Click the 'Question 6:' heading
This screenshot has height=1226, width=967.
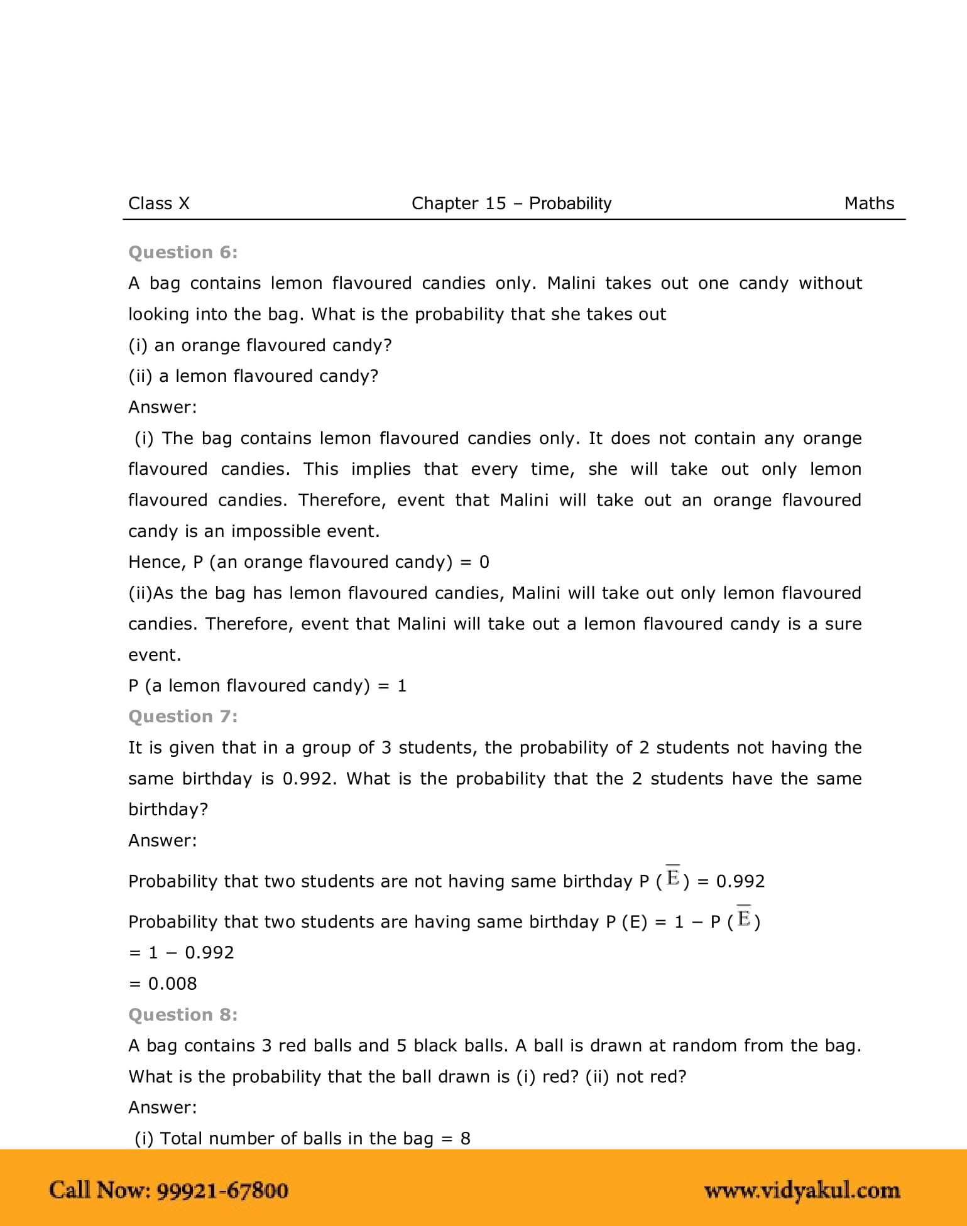[183, 252]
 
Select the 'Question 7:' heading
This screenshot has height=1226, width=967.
[183, 717]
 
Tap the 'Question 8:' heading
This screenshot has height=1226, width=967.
[183, 1014]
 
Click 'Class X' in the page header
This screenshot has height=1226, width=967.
[159, 203]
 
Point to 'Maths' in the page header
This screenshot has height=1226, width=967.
[869, 203]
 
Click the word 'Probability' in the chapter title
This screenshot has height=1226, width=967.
[570, 203]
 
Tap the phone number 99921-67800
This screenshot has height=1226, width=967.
[222, 1190]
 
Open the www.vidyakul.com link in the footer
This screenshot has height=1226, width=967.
[802, 1190]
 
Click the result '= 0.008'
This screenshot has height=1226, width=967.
[163, 984]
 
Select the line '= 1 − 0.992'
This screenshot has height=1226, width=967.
[181, 953]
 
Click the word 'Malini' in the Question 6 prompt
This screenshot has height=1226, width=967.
[571, 283]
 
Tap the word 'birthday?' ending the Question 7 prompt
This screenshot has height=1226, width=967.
[168, 810]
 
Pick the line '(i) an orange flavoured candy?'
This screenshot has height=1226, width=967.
[260, 345]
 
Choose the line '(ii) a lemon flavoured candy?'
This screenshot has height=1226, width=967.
[253, 376]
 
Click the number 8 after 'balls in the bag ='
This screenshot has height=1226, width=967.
[465, 1139]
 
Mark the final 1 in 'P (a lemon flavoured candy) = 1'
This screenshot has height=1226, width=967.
[402, 686]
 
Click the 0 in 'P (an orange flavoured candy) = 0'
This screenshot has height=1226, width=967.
[484, 562]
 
